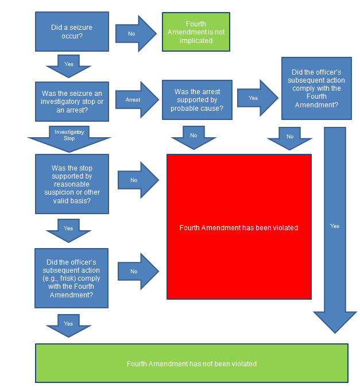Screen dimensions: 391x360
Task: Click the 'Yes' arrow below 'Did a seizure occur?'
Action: [69, 65]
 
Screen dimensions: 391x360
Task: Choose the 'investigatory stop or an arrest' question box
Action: [72, 101]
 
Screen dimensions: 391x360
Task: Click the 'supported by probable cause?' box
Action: [197, 100]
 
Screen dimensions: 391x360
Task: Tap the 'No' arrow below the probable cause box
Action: [193, 136]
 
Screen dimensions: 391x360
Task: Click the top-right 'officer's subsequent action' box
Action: [316, 88]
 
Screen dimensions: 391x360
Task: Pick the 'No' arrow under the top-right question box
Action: [290, 137]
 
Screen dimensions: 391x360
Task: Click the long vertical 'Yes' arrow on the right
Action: [335, 226]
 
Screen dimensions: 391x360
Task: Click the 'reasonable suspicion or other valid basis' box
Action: [72, 184]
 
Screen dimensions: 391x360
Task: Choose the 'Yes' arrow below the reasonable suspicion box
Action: [69, 229]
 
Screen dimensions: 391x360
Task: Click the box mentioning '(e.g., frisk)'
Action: [72, 278]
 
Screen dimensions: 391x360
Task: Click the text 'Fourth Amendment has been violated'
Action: [239, 228]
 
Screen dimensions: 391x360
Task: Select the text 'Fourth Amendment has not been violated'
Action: [192, 364]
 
